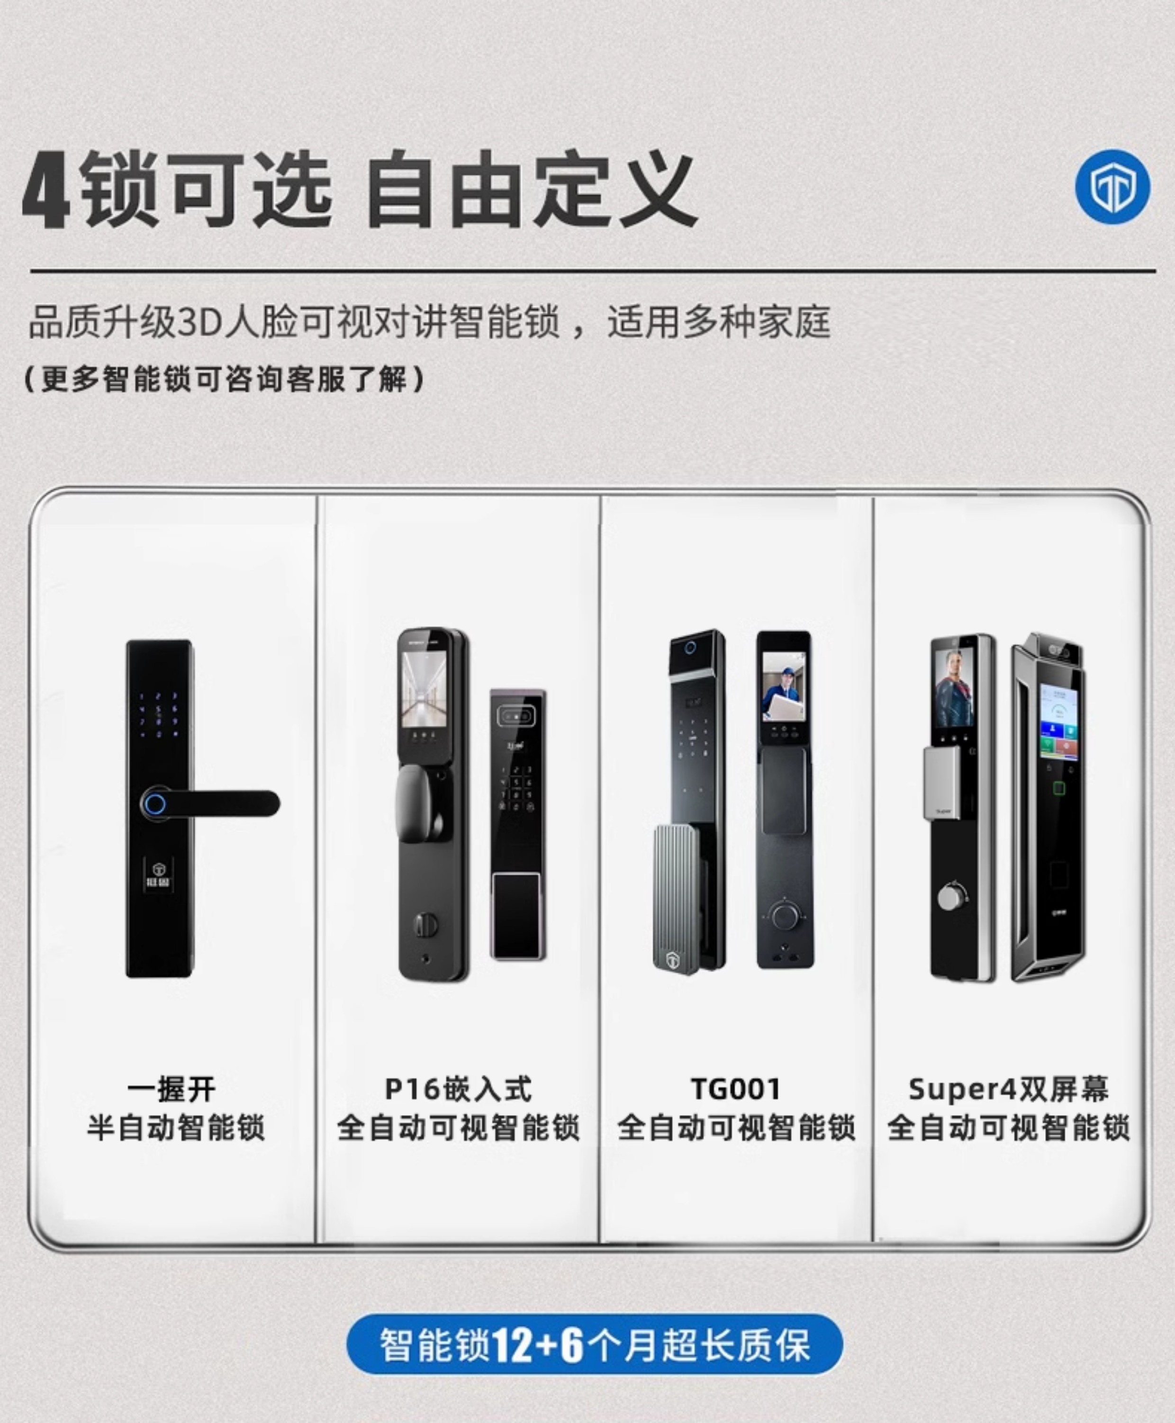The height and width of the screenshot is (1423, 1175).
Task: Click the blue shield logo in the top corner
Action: point(1112,188)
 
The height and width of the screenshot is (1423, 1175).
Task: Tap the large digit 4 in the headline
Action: point(46,191)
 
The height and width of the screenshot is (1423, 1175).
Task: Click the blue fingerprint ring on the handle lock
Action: point(155,804)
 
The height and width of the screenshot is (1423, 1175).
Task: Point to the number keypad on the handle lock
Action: point(158,714)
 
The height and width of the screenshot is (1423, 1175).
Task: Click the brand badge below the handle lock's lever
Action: point(158,875)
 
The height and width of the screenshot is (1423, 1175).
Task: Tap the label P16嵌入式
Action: point(458,1090)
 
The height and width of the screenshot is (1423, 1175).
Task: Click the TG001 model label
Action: point(736,1090)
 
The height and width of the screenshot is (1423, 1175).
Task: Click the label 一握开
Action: point(172,1090)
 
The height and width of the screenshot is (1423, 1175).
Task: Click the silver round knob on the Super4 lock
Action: point(949,897)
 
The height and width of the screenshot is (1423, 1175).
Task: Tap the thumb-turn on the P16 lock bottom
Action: point(425,924)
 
